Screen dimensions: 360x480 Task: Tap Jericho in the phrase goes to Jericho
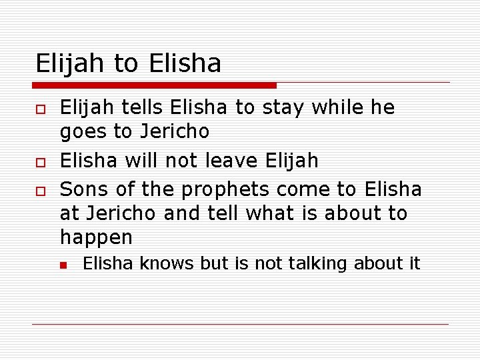(x=175, y=132)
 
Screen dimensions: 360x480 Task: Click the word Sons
(x=85, y=190)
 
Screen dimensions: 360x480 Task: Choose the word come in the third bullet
(x=303, y=190)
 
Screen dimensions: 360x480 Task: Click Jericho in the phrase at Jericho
(x=116, y=213)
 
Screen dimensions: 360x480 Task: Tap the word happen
(x=97, y=238)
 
